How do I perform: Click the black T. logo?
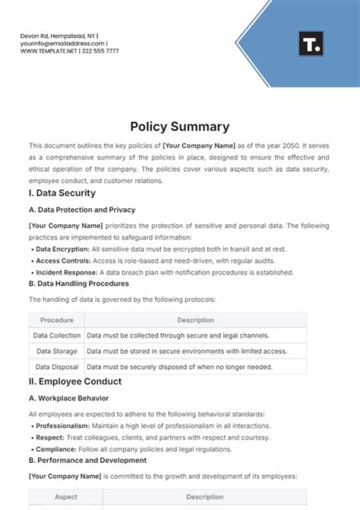click(x=311, y=44)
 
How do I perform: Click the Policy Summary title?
click(x=179, y=127)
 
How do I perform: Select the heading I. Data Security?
click(x=62, y=193)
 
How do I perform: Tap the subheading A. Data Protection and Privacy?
click(x=82, y=210)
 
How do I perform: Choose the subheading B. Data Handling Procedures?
click(x=79, y=283)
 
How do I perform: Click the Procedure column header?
click(x=56, y=320)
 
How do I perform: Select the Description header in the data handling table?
click(x=195, y=320)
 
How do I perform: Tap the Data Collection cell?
click(x=56, y=335)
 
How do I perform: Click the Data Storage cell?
click(x=56, y=351)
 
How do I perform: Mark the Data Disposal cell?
click(x=56, y=367)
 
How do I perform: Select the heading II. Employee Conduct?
click(x=75, y=381)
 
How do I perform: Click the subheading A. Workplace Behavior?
click(x=68, y=398)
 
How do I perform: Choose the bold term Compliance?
click(x=55, y=449)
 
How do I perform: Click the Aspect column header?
click(x=66, y=497)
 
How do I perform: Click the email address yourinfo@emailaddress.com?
click(x=62, y=44)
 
